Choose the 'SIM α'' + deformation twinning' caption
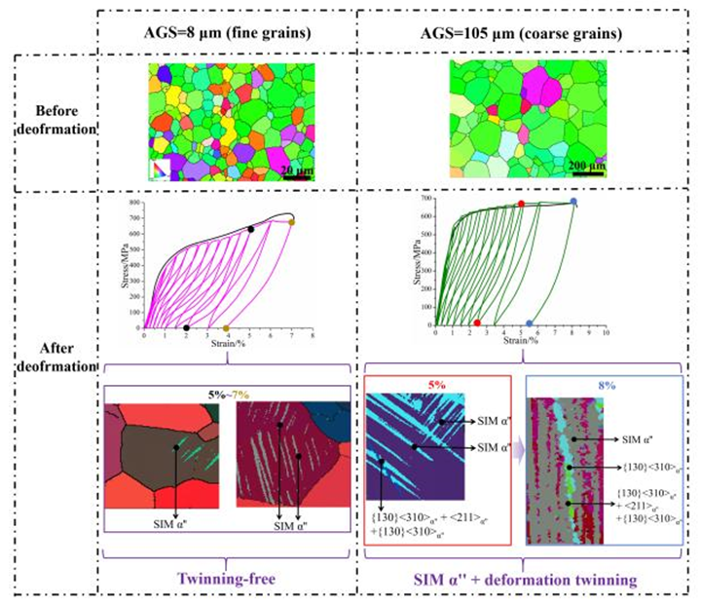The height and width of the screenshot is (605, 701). [x=522, y=579]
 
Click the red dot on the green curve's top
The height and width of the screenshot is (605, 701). [x=521, y=205]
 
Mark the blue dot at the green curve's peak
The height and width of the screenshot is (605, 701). [x=573, y=202]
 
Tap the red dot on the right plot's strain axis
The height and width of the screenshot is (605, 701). [x=477, y=322]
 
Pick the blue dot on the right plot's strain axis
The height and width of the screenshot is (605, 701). [x=530, y=323]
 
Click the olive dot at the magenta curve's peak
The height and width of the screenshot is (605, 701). [x=291, y=223]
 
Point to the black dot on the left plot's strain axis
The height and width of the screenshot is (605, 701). [x=186, y=328]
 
